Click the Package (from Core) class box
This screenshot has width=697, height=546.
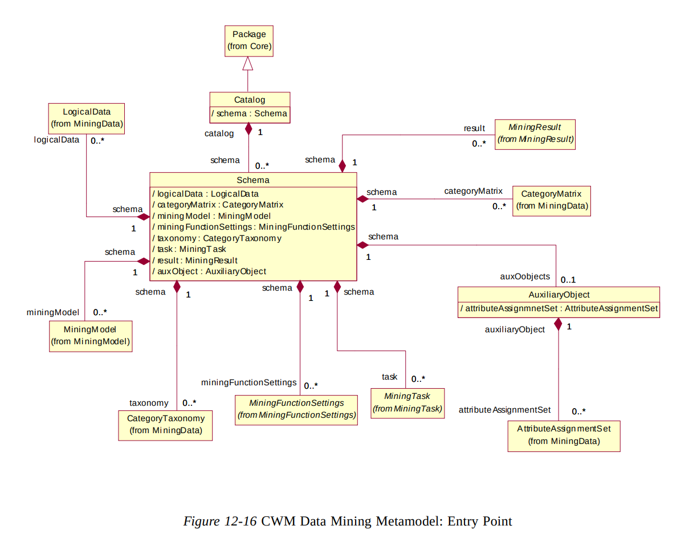coord(248,40)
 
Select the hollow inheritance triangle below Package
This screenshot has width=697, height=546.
coord(248,64)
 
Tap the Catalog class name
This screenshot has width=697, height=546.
coord(250,100)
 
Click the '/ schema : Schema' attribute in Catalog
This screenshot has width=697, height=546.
coord(250,113)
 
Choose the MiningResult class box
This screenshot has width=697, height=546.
coord(535,134)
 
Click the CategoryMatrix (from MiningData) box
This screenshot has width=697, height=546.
coord(551,200)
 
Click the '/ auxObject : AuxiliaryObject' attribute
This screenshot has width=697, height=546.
coord(210,271)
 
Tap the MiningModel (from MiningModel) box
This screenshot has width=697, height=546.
coord(91,336)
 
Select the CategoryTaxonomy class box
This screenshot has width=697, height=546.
coord(165,425)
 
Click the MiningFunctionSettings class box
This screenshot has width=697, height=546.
coord(296,409)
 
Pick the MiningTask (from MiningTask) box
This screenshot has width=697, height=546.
coord(407,402)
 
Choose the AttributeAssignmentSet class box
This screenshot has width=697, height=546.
coord(563,436)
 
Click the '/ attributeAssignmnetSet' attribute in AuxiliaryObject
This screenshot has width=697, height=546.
coord(559,309)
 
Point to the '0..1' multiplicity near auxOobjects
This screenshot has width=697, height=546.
coord(568,280)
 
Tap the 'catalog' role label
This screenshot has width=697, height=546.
coord(219,133)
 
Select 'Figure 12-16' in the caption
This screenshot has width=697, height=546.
coord(220,521)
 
